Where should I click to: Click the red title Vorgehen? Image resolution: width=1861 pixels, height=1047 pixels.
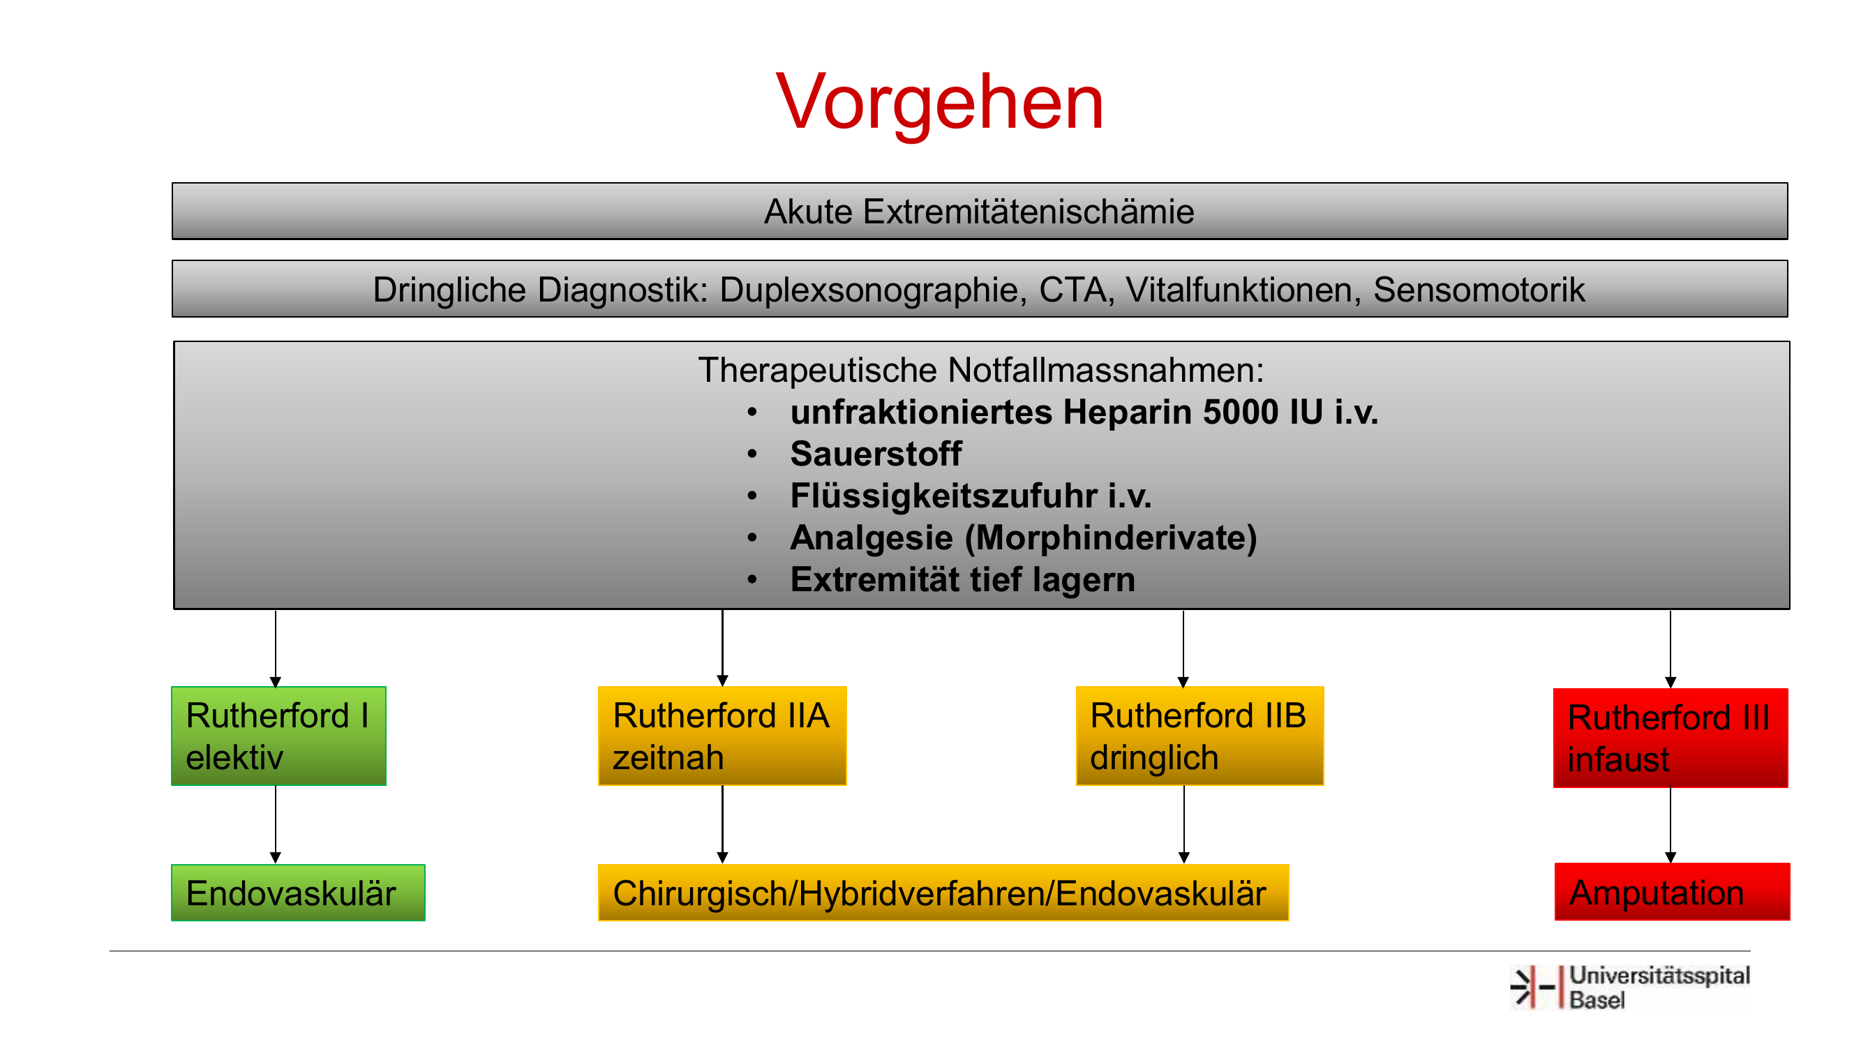click(939, 103)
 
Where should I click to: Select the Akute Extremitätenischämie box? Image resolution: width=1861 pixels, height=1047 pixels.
click(980, 211)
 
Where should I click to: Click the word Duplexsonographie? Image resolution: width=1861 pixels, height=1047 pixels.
click(873, 290)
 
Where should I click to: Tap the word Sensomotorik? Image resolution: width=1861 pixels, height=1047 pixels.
click(1479, 290)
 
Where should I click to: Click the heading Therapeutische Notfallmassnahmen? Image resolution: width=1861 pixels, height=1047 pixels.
click(981, 370)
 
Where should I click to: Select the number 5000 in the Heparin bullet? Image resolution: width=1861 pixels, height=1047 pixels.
click(1241, 412)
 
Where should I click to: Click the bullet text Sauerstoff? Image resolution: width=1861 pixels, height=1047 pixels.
click(876, 454)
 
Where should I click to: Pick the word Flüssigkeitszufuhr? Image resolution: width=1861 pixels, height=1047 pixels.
click(943, 496)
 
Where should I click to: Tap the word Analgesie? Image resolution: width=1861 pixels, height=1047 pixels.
click(872, 538)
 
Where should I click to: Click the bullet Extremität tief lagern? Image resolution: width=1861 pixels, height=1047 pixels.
click(962, 579)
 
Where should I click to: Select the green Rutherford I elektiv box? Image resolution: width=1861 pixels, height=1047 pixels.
click(279, 736)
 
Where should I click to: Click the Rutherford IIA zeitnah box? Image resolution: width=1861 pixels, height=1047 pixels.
click(722, 736)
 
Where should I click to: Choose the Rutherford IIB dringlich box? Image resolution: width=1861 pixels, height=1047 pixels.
click(1200, 736)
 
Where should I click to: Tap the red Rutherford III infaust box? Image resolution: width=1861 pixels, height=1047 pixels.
click(1671, 738)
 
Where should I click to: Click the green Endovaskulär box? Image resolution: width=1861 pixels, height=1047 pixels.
click(299, 892)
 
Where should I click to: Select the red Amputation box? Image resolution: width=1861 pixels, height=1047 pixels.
click(1673, 891)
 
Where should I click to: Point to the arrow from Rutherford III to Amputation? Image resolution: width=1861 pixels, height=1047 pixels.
click(1671, 825)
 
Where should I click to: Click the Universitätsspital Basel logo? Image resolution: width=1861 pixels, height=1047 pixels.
click(1631, 987)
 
